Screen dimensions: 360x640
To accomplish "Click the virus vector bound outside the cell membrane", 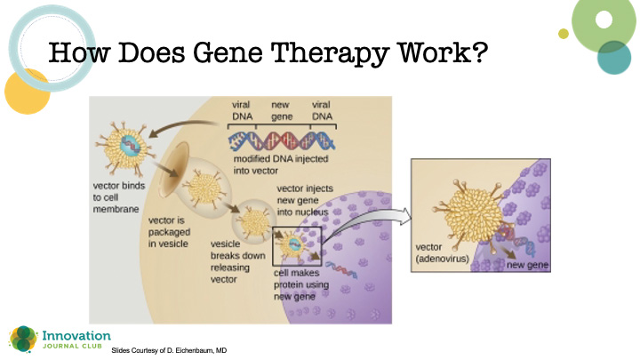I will tap(124, 147).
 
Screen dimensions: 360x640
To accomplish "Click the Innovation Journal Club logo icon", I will tap(20, 339).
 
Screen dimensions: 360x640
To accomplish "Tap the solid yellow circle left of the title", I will tap(26, 92).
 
